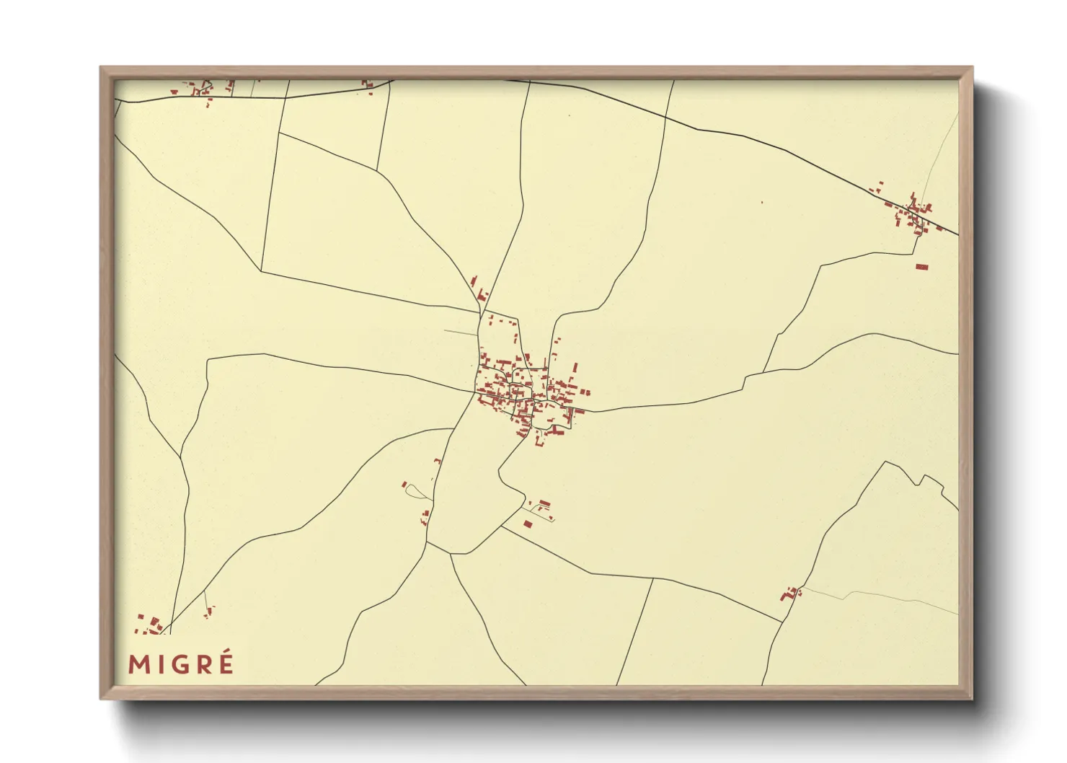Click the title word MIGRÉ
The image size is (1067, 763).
click(x=181, y=663)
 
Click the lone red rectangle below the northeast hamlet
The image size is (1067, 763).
click(x=921, y=267)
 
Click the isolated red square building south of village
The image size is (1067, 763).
click(x=527, y=524)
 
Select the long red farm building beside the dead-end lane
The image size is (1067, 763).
click(x=545, y=503)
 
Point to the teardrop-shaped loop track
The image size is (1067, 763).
click(x=417, y=492)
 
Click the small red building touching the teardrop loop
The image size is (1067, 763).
click(x=404, y=484)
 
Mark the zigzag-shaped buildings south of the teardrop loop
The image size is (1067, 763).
click(x=425, y=516)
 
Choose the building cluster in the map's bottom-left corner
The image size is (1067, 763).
click(x=149, y=625)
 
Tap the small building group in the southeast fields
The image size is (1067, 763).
click(x=791, y=594)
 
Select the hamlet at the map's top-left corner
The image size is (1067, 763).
click(x=202, y=89)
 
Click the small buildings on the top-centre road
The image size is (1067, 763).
click(x=368, y=86)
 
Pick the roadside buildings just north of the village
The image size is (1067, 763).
click(x=479, y=290)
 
